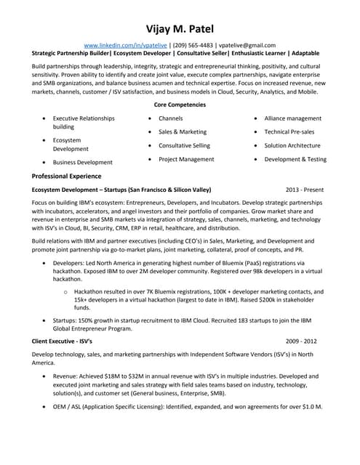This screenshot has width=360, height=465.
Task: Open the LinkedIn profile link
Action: tap(125, 44)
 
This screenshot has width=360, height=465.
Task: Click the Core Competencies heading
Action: tap(180, 105)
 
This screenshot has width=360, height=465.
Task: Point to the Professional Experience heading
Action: tap(67, 176)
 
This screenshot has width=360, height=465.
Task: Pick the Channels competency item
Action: tap(170, 118)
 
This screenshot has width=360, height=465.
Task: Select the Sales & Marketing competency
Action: tap(183, 132)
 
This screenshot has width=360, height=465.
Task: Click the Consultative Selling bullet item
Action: tap(185, 146)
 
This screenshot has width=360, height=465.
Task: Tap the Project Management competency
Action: tap(186, 159)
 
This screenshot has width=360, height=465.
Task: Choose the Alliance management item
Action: tap(292, 118)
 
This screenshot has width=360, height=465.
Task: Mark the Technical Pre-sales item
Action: tap(289, 132)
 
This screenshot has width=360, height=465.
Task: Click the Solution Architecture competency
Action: tap(292, 146)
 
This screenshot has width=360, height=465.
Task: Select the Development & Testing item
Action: tap(295, 159)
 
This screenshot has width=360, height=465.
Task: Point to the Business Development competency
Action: tap(82, 163)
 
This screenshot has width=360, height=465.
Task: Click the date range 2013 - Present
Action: tap(305, 190)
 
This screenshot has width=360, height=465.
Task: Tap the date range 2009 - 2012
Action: tap(301, 341)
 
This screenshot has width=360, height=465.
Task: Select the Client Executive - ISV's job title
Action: tap(63, 341)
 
